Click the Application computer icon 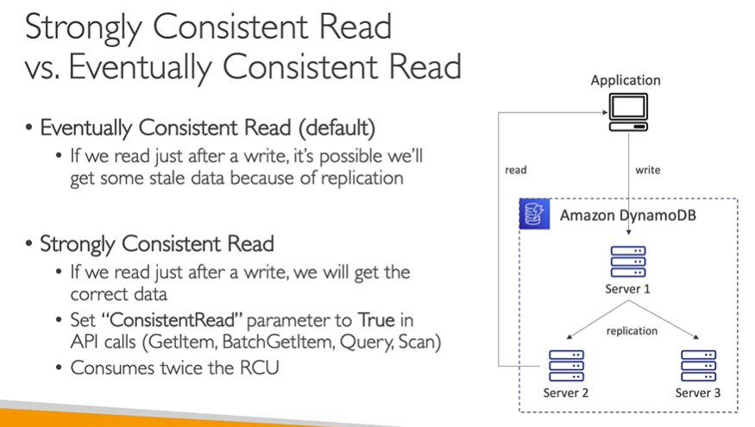626,113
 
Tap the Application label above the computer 626,80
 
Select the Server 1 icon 627,261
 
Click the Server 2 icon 565,365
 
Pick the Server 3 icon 698,365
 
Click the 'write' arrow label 647,170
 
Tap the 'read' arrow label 516,170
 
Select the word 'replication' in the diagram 632,330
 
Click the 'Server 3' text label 698,393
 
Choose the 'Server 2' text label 565,393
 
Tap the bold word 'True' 375,320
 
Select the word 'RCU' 261,367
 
